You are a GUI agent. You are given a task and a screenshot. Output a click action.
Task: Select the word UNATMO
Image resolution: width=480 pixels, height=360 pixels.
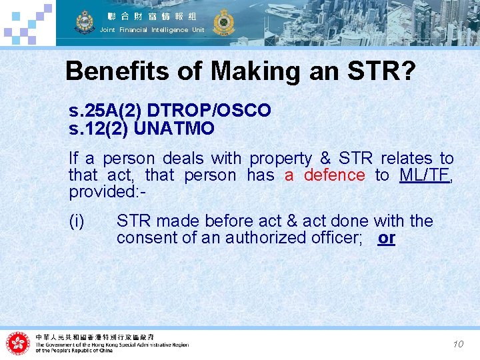coord(174,128)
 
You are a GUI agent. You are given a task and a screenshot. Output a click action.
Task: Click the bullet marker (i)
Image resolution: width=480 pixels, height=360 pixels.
coord(77,221)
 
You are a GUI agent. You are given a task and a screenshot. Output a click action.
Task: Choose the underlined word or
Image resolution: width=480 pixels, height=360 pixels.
coord(386,238)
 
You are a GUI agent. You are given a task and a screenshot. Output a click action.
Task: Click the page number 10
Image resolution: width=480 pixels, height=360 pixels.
coord(458,344)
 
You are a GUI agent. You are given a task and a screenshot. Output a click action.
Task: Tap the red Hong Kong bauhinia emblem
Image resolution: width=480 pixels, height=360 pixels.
coord(18,343)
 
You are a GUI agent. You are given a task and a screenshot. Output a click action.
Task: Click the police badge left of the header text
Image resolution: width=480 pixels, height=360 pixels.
coord(85,23)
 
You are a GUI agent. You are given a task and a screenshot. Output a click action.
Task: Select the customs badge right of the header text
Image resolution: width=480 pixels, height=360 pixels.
coord(222,22)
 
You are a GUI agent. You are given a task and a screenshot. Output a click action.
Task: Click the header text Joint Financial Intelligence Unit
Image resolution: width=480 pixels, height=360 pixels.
coord(152,30)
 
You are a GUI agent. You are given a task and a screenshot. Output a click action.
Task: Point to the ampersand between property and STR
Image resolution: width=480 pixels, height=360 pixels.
coord(325,159)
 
